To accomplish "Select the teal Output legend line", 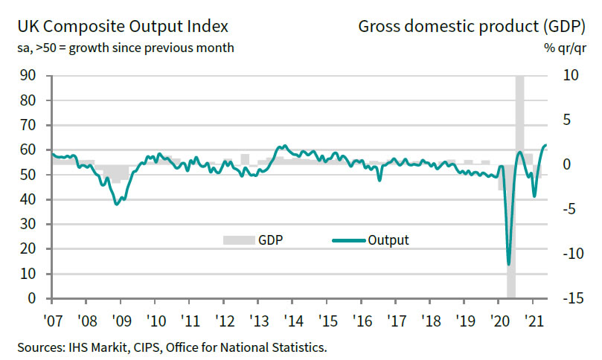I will pos(347,240).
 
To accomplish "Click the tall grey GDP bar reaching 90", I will pos(519,112).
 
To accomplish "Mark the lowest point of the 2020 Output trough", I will pos(509,264).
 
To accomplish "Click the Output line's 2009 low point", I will pos(117,203).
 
